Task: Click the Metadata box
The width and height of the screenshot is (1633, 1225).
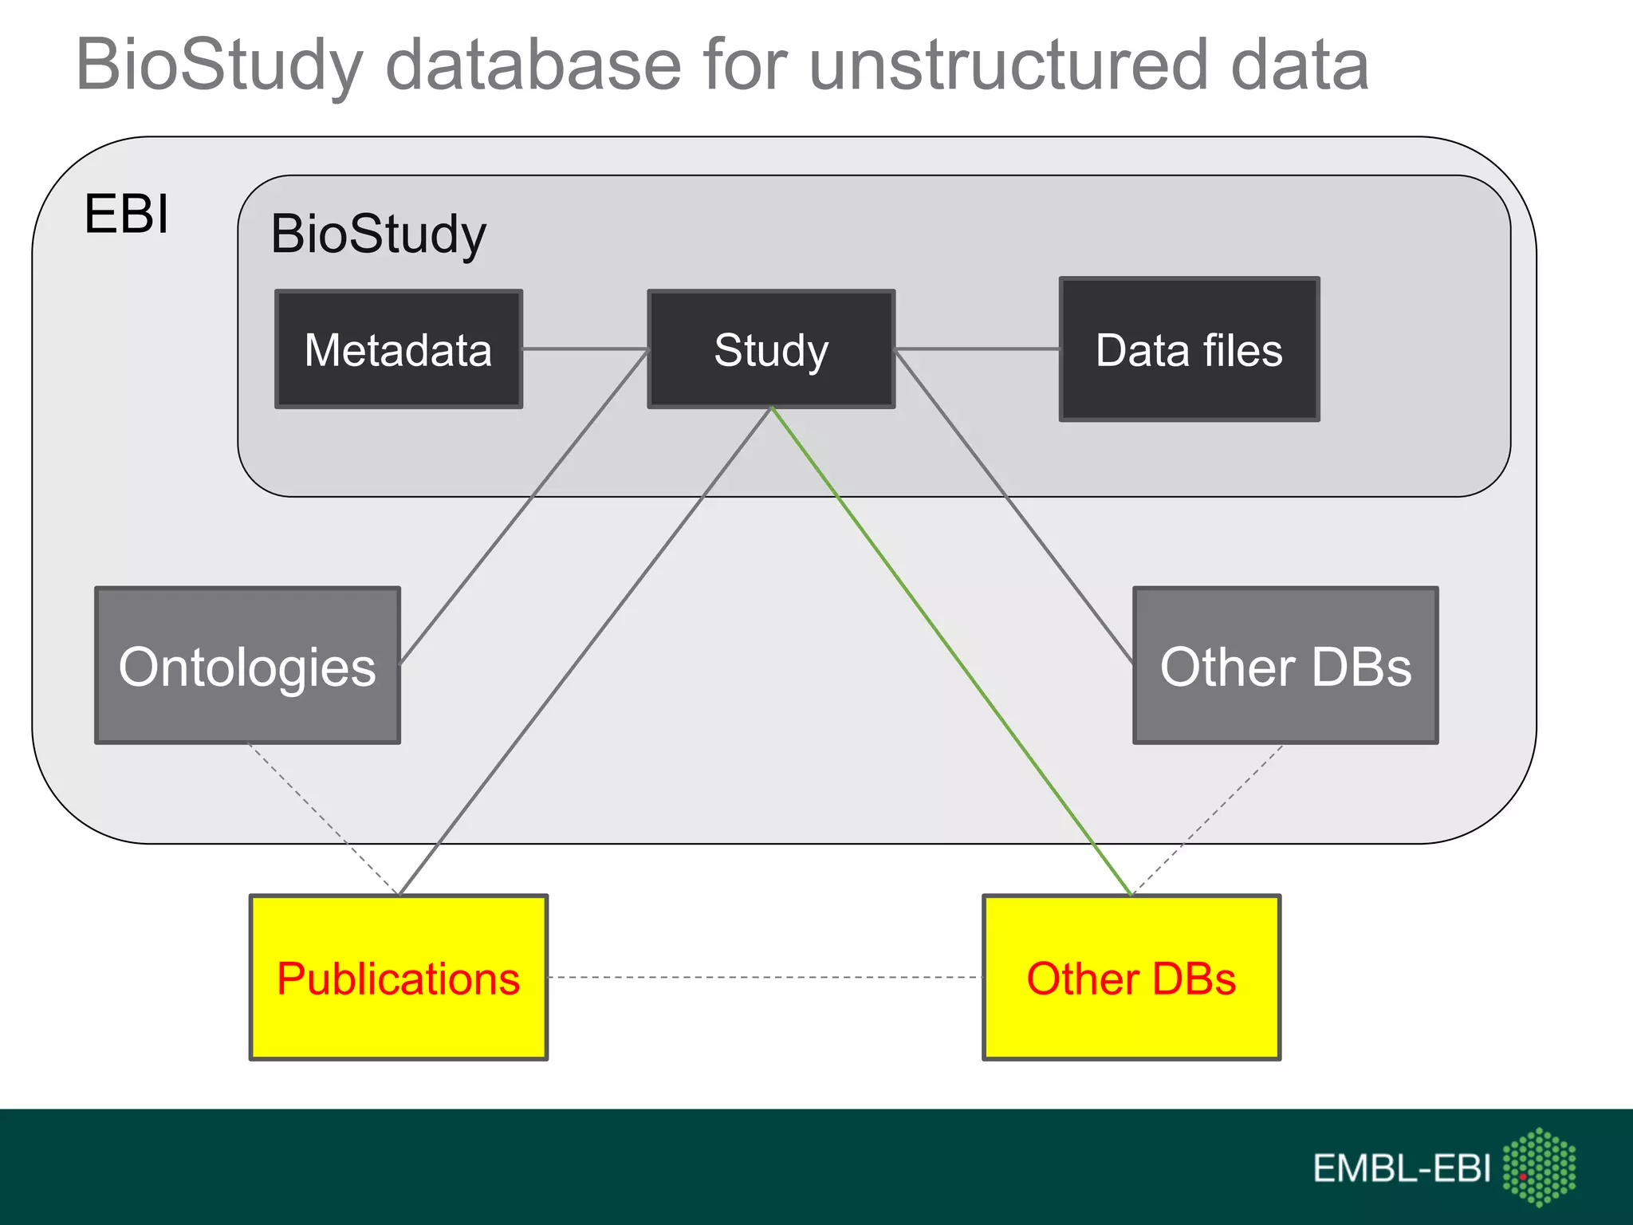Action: click(399, 349)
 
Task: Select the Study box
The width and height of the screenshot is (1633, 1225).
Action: click(771, 349)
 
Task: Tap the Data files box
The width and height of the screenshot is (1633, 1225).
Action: click(1189, 349)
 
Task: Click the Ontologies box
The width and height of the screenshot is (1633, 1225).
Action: click(247, 666)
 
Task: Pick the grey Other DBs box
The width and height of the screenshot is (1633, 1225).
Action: click(1285, 666)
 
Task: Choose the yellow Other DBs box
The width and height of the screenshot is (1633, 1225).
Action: click(1131, 978)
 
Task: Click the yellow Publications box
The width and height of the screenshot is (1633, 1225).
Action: click(399, 978)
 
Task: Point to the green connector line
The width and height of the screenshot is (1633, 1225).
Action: click(950, 650)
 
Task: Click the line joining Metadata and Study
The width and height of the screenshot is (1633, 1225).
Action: click(584, 349)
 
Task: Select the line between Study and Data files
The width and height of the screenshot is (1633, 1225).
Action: click(977, 349)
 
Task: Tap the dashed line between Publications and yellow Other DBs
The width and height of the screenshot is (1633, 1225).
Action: click(765, 977)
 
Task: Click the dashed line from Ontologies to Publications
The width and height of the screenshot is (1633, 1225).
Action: click(323, 819)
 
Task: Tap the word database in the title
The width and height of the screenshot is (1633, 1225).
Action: click(533, 65)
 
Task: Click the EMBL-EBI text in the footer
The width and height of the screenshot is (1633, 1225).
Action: click(1401, 1169)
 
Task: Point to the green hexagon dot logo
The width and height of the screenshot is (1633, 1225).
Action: click(1539, 1166)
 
